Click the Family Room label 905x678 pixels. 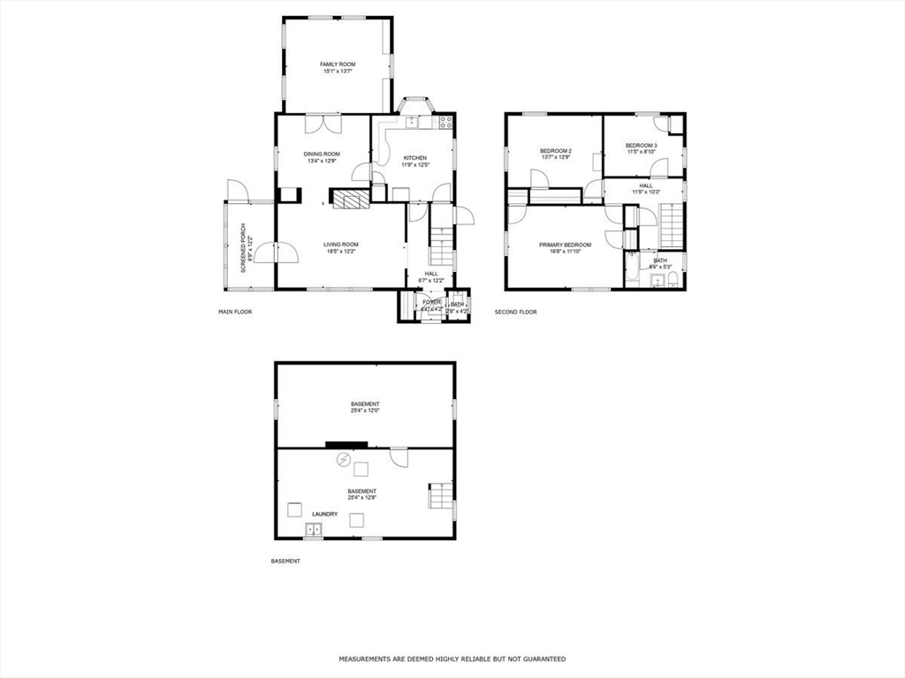click(x=338, y=64)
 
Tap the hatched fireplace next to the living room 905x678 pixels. click(x=349, y=200)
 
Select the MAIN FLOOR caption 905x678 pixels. click(x=235, y=312)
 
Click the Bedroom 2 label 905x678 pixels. click(x=556, y=151)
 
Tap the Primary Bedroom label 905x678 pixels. click(x=566, y=244)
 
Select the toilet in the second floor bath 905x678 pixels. click(x=673, y=281)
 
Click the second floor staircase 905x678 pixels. click(x=673, y=225)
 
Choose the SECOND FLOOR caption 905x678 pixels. click(x=515, y=312)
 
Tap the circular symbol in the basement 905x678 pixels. click(x=343, y=460)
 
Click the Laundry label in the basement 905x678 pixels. click(x=324, y=514)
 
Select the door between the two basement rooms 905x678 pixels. click(x=399, y=456)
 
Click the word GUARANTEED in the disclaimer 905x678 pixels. click(x=541, y=659)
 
